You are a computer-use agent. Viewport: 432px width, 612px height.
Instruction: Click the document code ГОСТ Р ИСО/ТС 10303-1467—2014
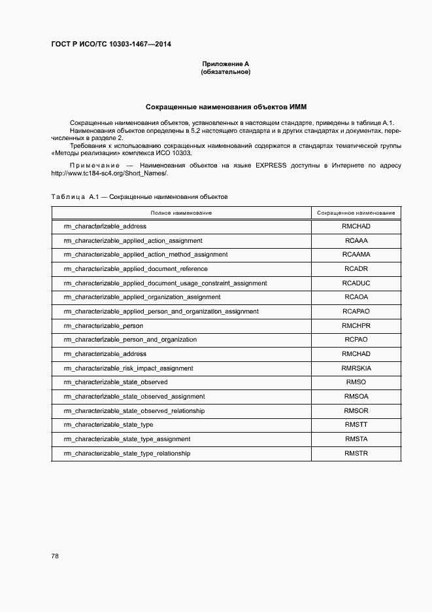point(111,45)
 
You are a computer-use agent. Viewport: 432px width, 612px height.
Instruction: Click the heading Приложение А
point(225,64)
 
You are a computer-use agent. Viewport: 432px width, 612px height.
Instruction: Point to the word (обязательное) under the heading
point(225,72)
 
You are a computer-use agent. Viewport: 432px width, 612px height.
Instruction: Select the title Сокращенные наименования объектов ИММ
point(225,106)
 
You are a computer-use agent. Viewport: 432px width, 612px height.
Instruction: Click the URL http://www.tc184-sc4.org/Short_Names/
point(110,173)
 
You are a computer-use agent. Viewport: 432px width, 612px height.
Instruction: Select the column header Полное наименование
point(181,213)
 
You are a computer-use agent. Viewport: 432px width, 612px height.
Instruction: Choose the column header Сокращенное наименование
point(356,213)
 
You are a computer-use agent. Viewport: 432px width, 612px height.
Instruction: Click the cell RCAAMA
point(356,255)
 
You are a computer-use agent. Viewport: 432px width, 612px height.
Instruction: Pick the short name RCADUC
point(356,283)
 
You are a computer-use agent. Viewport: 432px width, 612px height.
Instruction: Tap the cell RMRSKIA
point(356,368)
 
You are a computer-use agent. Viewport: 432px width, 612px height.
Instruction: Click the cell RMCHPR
point(356,325)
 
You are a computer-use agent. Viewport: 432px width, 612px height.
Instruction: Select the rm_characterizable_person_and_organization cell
point(130,340)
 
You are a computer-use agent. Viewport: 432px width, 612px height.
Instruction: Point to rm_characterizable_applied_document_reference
point(135,269)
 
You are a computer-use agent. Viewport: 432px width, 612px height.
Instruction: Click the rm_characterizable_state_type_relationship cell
point(127,454)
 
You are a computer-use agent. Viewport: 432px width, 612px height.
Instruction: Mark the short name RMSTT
point(356,425)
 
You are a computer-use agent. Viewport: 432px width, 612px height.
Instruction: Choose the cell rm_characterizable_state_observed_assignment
point(134,397)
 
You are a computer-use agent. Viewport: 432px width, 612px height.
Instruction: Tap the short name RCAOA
point(356,297)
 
